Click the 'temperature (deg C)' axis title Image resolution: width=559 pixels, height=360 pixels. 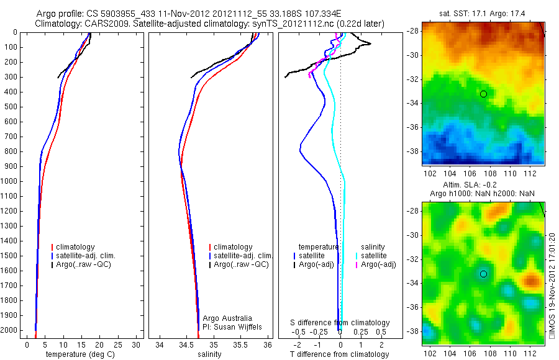81,354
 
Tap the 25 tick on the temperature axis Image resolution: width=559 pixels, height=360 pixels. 118,344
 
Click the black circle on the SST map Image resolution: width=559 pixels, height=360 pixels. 483,94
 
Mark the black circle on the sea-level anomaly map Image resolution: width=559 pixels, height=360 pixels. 483,274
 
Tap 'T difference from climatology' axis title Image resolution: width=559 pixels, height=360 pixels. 339,354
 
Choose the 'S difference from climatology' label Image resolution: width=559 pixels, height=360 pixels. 340,323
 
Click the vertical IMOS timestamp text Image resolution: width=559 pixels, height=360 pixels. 552,286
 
